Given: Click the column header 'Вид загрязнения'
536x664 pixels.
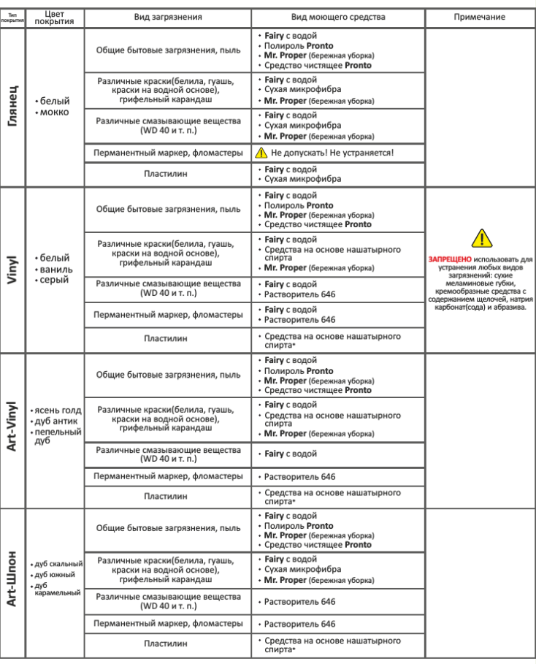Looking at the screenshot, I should click(168, 15).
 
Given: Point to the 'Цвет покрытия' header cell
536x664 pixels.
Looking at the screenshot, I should click(54, 16).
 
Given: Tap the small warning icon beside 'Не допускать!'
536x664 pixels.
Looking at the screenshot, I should click(262, 153).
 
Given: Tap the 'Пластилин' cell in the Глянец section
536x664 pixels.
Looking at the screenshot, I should click(168, 174).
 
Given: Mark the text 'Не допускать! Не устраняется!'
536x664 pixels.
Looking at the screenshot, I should click(332, 153).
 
